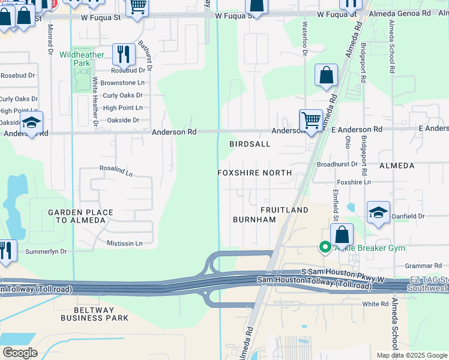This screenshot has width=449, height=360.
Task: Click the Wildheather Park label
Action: [x=82, y=59]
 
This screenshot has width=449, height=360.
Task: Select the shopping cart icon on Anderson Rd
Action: [x=310, y=119]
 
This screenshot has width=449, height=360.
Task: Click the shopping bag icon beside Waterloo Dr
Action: [x=326, y=76]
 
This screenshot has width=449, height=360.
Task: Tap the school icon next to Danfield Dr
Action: [x=378, y=212]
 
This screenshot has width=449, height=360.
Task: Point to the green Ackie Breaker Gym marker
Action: [x=325, y=247]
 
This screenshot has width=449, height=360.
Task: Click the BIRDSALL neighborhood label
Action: [x=250, y=144]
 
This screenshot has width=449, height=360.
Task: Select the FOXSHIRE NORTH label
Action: [x=255, y=173]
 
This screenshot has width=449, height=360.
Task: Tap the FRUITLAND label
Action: [x=284, y=210]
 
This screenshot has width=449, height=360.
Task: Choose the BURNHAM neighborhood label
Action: [x=254, y=220]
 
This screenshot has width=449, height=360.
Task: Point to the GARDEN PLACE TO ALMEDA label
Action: [x=77, y=216]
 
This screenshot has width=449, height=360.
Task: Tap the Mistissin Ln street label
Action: [x=124, y=244]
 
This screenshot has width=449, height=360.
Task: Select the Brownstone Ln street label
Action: [x=122, y=83]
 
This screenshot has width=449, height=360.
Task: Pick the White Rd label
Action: [x=376, y=304]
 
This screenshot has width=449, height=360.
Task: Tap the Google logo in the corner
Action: [x=20, y=352]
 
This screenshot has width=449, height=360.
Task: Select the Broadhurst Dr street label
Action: [x=336, y=164]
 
